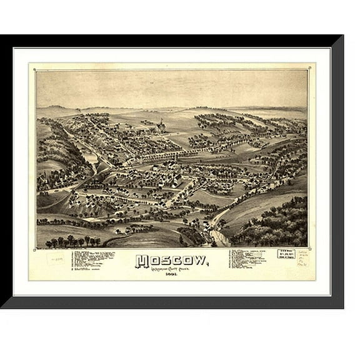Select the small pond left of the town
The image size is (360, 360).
coord(91,159)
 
